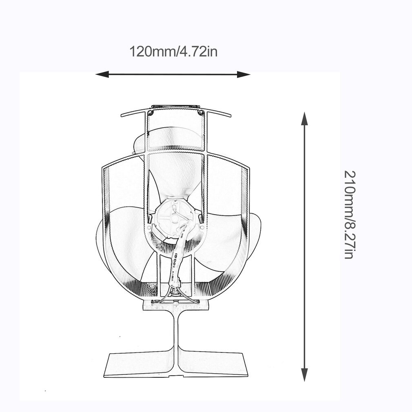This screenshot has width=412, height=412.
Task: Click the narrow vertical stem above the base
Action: click(x=176, y=330)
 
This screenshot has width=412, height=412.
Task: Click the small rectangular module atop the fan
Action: click(x=175, y=107)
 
